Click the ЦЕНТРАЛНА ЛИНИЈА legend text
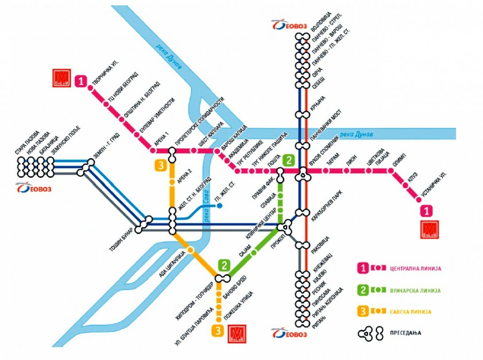click(x=416, y=268)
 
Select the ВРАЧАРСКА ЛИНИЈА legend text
click(x=415, y=290)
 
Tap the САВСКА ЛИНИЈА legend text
click(x=410, y=312)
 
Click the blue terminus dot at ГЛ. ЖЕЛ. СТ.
click(x=219, y=206)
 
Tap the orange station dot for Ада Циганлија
click(x=191, y=250)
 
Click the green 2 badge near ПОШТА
click(x=288, y=159)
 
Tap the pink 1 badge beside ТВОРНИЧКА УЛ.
click(x=82, y=81)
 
